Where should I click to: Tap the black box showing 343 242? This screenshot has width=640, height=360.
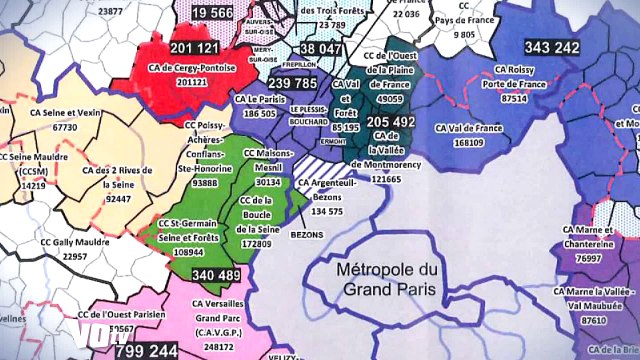click(x=552, y=47)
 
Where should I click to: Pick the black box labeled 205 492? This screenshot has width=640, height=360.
click(x=390, y=121)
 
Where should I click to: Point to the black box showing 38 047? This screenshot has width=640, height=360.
click(x=319, y=49)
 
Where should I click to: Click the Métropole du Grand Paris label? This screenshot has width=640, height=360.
click(x=387, y=279)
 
